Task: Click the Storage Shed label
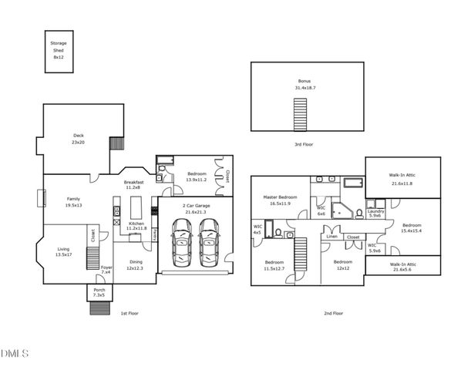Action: coord(59,51)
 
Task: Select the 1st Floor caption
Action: coord(130,313)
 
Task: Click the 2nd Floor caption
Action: coord(333,313)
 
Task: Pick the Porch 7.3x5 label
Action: coord(99,293)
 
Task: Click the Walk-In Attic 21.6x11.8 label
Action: coord(402,179)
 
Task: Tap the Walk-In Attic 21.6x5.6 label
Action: coord(402,267)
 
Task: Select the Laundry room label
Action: coord(376,214)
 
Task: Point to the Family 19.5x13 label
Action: coord(73,202)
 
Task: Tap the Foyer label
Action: coord(106,270)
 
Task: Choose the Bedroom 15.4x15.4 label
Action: coord(412,228)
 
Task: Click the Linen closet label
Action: coord(332,237)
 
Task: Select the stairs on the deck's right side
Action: coord(116,143)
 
